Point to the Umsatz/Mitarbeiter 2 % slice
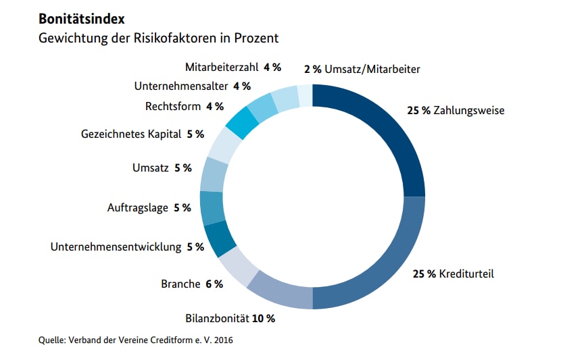pyautogui.click(x=306, y=95)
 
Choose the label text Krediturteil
pyautogui.click(x=466, y=274)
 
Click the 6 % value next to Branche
pyautogui.click(x=214, y=284)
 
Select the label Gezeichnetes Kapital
pyautogui.click(x=131, y=134)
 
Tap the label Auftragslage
pyautogui.click(x=138, y=207)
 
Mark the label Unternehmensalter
pyautogui.click(x=181, y=86)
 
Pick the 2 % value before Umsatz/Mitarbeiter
pyautogui.click(x=312, y=69)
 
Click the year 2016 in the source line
pyautogui.click(x=222, y=340)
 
